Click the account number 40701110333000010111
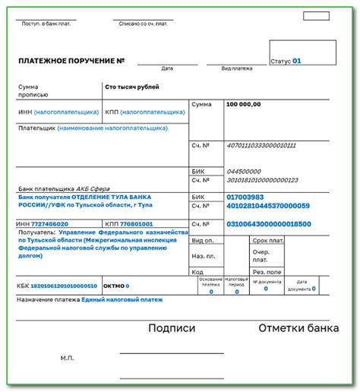(261, 144)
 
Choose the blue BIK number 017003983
(251, 197)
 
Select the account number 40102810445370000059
(268, 206)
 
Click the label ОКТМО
(113, 286)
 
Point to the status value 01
(297, 60)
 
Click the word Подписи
(172, 329)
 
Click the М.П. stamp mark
(68, 356)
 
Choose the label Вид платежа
(235, 68)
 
